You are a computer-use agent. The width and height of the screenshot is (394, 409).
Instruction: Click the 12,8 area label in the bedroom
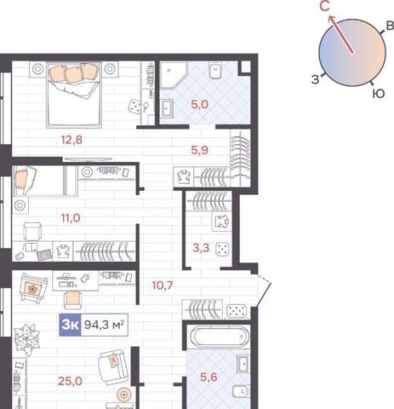71,140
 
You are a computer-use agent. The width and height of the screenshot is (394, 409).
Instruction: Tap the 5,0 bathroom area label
200,105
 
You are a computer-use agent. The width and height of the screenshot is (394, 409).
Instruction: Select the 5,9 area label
200,150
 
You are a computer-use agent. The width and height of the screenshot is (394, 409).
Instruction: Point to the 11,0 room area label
71,218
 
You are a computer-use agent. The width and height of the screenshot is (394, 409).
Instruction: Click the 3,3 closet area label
201,248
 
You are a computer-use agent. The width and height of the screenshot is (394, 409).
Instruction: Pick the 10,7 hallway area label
163,285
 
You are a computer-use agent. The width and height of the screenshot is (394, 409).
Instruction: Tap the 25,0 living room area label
70,381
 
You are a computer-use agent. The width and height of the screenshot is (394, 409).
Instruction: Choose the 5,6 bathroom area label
208,377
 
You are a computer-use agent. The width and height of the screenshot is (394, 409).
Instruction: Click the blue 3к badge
70,325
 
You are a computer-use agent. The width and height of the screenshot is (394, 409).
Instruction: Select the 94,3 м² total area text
104,325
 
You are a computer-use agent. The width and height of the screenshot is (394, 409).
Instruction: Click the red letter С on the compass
325,7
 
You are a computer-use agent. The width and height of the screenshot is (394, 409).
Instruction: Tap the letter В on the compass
391,26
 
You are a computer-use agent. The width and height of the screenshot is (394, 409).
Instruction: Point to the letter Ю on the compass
379,94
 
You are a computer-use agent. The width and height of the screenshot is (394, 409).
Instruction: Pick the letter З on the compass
316,80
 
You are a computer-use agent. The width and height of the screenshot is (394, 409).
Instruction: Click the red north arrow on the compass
340,34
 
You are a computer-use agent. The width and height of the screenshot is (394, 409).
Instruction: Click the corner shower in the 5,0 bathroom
174,75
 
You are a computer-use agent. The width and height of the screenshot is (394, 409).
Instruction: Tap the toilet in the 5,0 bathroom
216,71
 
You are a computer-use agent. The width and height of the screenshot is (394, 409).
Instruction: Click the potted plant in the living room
26,339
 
